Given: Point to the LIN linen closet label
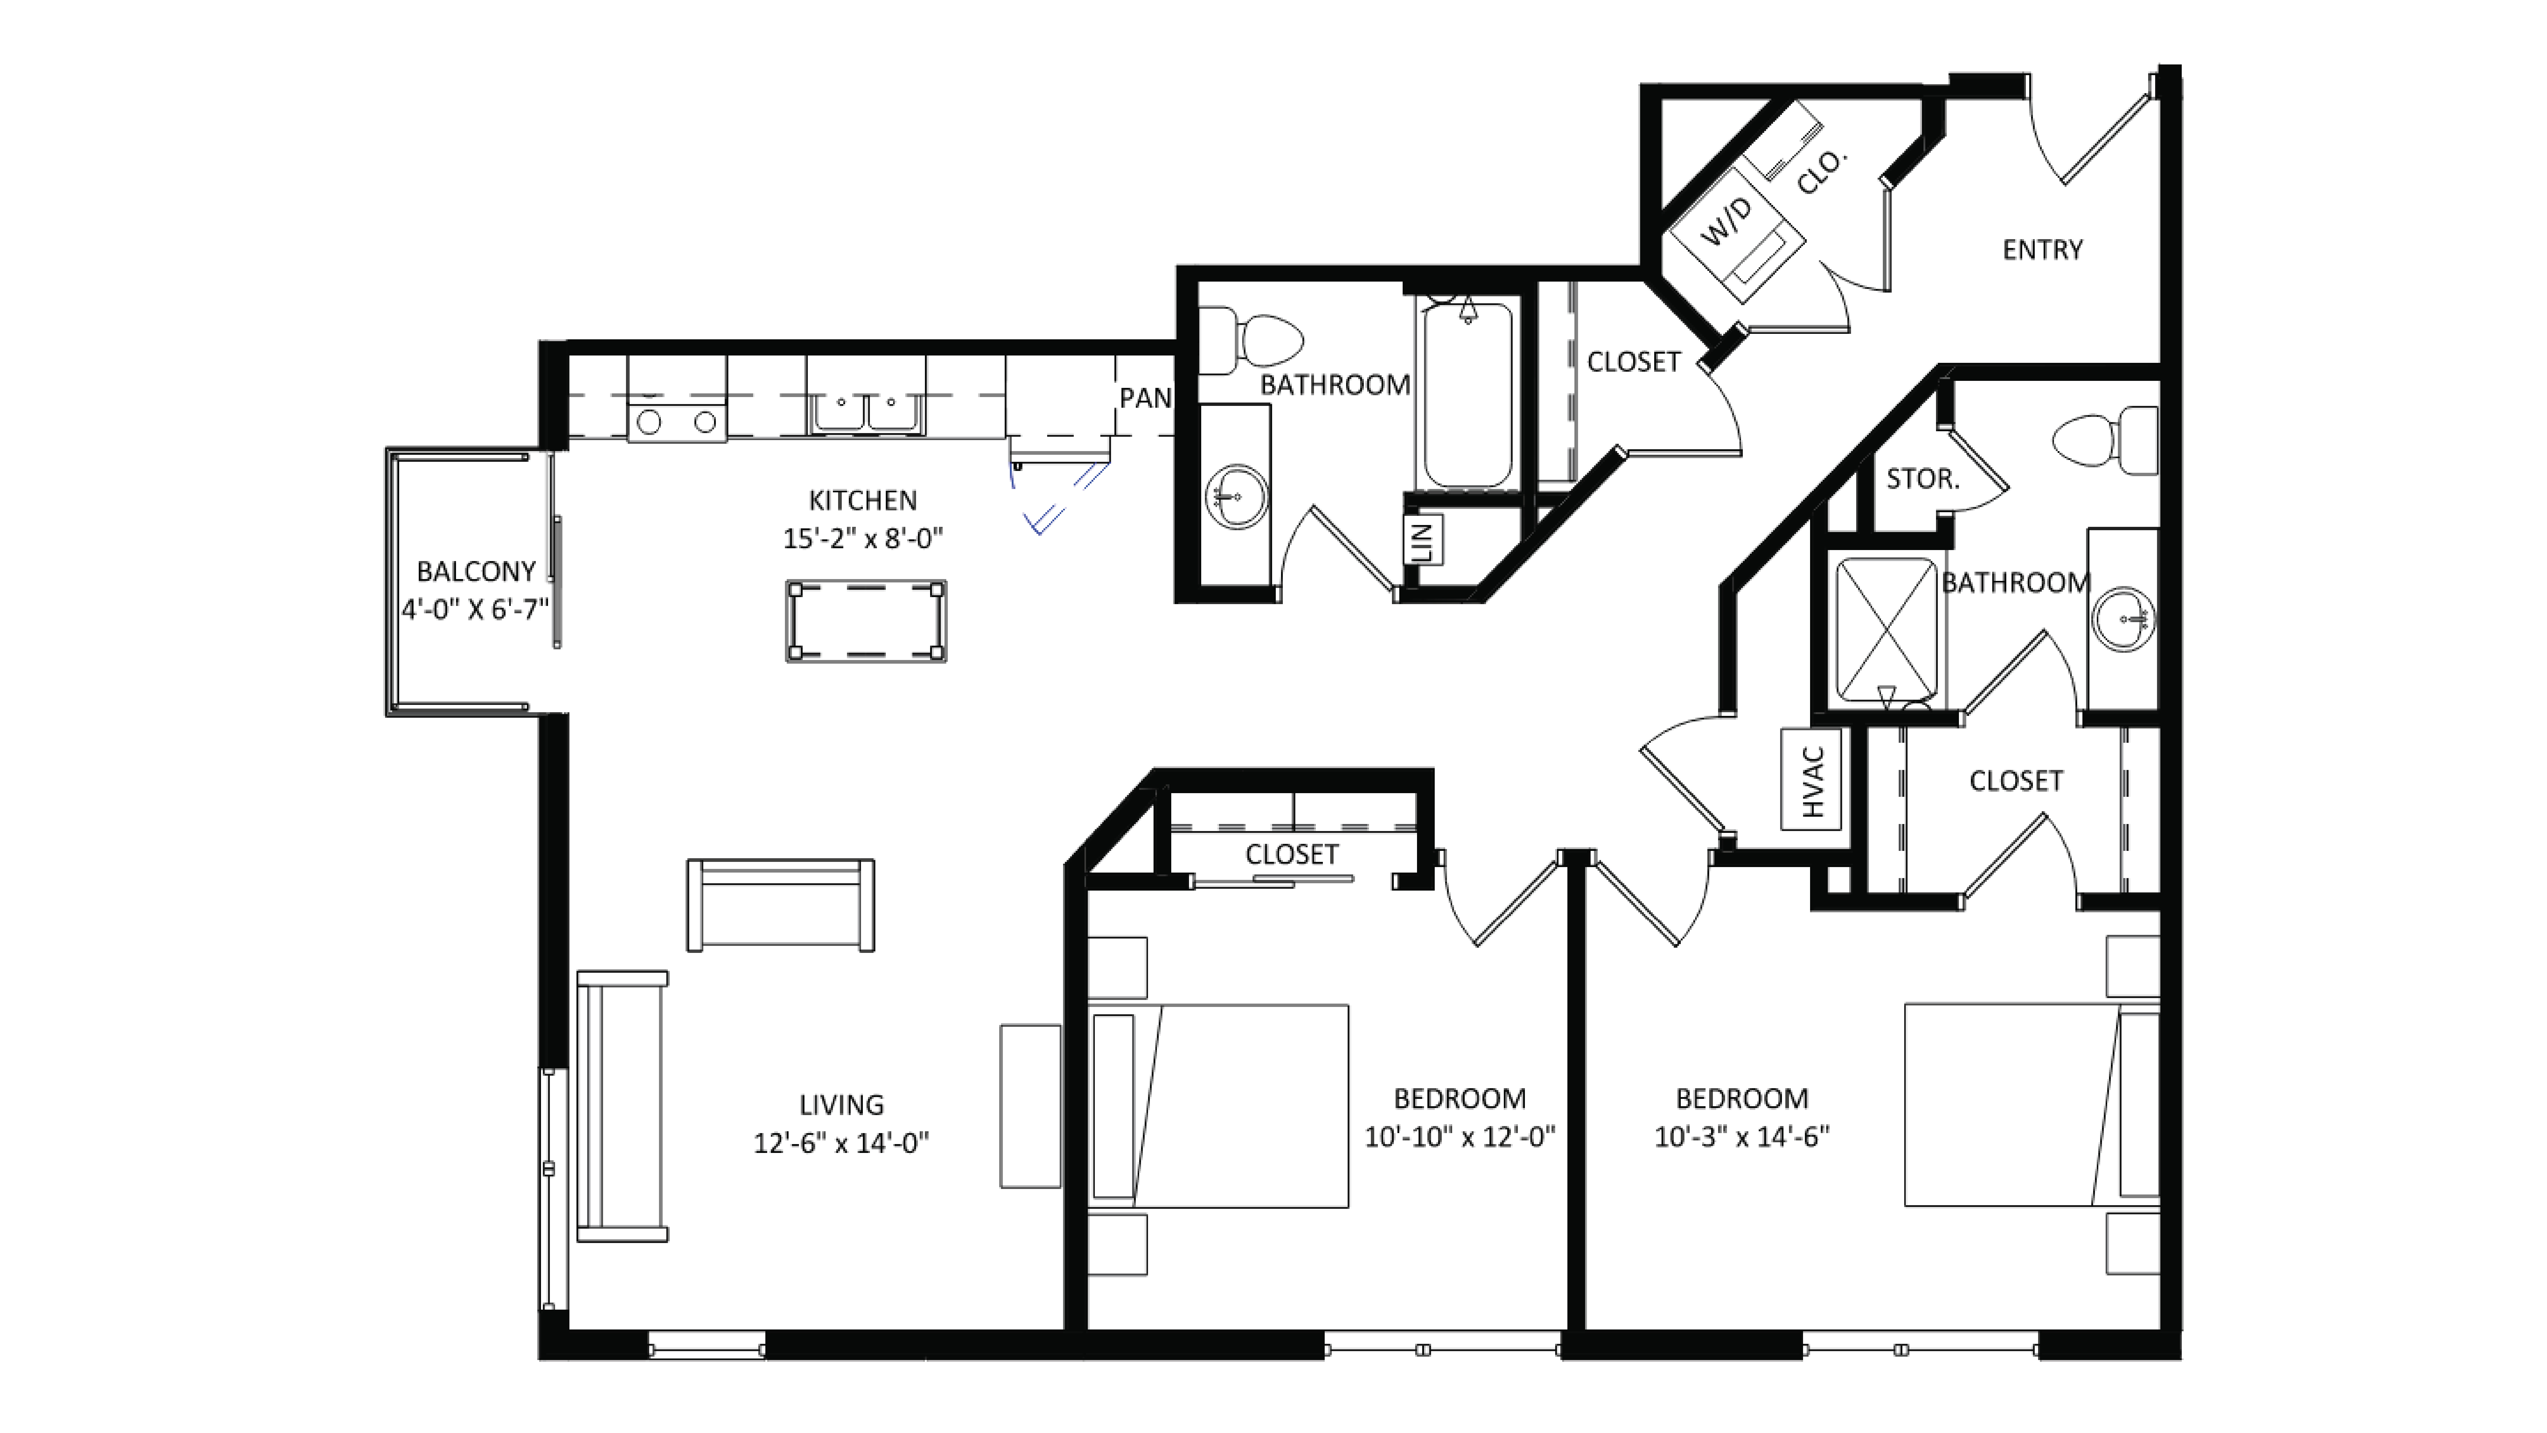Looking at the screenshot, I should click(x=1423, y=541).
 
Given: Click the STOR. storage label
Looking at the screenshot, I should click(x=1922, y=479).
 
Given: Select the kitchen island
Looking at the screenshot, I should click(x=866, y=621).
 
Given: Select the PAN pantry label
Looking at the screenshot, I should click(x=1145, y=398).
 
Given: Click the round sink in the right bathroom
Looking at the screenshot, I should click(x=2123, y=620).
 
